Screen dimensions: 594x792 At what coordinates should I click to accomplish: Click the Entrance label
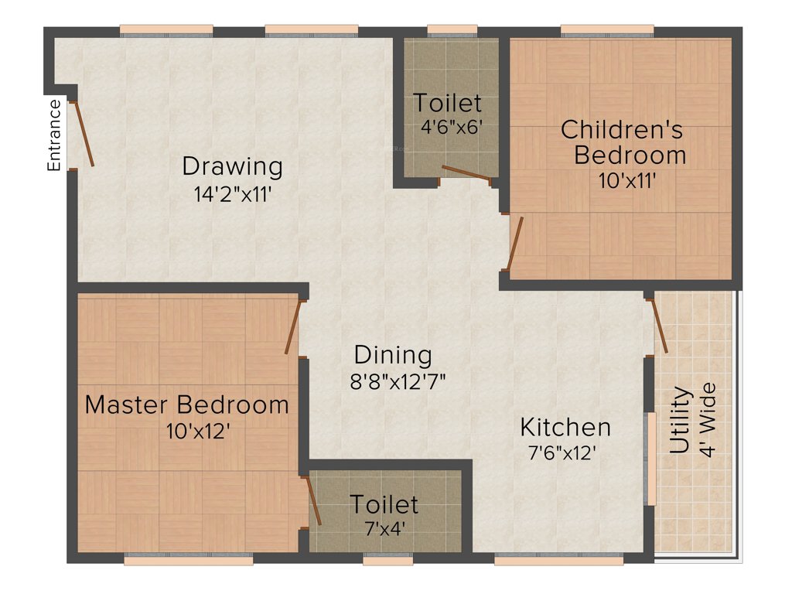(54, 135)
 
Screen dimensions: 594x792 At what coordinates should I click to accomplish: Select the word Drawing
(232, 166)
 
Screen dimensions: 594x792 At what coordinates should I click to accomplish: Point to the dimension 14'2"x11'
(232, 194)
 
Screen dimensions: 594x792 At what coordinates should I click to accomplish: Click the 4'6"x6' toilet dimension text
(452, 127)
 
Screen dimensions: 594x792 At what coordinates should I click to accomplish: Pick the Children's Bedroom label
(623, 142)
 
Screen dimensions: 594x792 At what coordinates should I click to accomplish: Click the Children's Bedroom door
(516, 242)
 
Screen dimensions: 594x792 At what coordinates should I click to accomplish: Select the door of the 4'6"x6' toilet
(466, 173)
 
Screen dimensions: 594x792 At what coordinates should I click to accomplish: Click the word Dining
(393, 355)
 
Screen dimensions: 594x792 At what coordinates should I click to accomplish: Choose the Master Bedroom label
(187, 405)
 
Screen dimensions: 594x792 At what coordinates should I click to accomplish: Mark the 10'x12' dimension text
(198, 431)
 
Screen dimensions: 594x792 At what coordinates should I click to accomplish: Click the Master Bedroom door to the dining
(292, 327)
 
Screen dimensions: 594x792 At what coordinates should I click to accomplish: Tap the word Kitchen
(565, 427)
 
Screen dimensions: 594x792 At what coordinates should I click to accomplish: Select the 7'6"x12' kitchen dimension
(562, 454)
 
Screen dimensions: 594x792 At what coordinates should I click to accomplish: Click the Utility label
(679, 419)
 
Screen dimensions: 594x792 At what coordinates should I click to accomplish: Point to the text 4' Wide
(708, 419)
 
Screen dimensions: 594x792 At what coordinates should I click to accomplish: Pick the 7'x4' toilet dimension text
(384, 531)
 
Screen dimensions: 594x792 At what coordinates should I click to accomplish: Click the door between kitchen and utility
(659, 324)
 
